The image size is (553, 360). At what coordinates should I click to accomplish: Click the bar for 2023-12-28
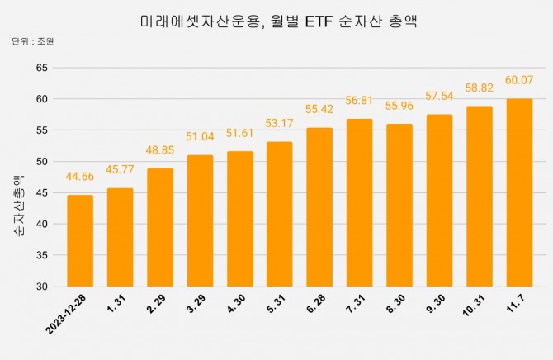click(80, 240)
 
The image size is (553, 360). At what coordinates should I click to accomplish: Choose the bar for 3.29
click(200, 220)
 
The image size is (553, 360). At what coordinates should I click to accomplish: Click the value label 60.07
click(519, 80)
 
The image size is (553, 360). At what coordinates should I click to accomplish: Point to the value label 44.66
click(80, 177)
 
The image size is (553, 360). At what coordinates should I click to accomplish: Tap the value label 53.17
click(280, 124)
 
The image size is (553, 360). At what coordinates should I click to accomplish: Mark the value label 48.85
click(160, 150)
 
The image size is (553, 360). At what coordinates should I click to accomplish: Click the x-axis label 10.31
click(474, 306)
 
